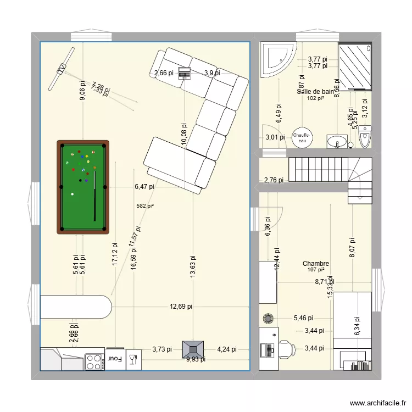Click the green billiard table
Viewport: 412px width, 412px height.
point(82,187)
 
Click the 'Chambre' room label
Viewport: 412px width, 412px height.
point(315,264)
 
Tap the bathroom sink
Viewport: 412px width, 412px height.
point(336,142)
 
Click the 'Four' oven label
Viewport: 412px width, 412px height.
point(115,359)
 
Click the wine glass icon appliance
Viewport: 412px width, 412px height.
point(132,360)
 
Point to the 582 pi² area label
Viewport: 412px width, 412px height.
point(145,206)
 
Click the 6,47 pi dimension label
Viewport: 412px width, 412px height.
point(144,187)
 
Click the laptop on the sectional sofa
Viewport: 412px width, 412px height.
point(184,73)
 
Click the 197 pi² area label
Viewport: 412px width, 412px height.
point(315,270)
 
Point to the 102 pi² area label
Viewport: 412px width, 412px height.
point(315,98)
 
